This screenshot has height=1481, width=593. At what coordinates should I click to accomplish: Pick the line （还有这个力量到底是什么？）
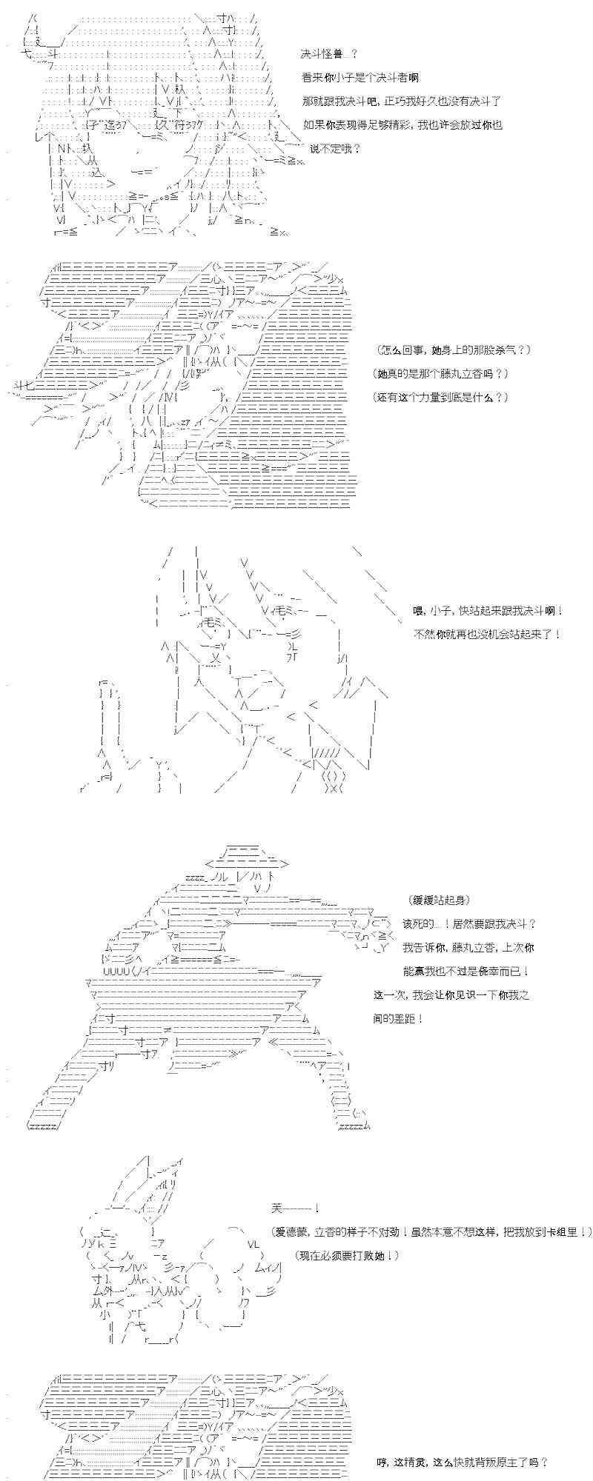pos(441,397)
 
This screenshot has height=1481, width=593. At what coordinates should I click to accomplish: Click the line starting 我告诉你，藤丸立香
pos(469,947)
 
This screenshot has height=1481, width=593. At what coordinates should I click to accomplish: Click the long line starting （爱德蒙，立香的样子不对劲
pos(432,1231)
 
